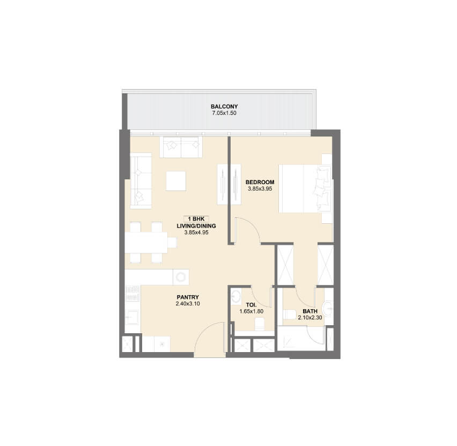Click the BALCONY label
click(x=224, y=106)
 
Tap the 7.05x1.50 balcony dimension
click(x=224, y=113)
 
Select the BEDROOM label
click(x=260, y=182)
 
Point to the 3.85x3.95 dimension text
click(x=260, y=189)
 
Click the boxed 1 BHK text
click(x=196, y=219)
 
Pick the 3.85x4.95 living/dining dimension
click(x=196, y=232)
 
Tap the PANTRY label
click(x=188, y=297)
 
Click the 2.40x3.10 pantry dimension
click(x=188, y=304)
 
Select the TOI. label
click(x=251, y=305)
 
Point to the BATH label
click(x=310, y=311)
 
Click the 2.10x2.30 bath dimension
click(x=310, y=317)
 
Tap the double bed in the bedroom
click(x=305, y=188)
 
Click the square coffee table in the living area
click(x=176, y=181)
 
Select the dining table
click(x=146, y=243)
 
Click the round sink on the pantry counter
click(x=181, y=277)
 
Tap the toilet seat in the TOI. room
click(x=260, y=324)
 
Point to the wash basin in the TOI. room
click(x=236, y=297)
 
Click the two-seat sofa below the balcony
click(x=181, y=147)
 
